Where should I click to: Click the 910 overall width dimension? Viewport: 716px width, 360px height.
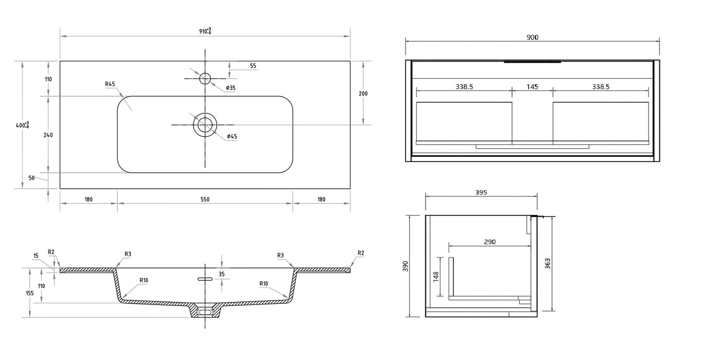(x=205, y=31)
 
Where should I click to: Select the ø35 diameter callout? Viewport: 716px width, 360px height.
(x=231, y=88)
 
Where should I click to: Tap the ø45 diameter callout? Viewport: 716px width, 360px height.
(x=232, y=136)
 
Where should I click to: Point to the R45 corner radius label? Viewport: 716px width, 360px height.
(x=109, y=84)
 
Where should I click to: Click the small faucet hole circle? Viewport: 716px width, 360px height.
(x=205, y=78)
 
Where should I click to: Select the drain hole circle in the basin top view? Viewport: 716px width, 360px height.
(x=205, y=125)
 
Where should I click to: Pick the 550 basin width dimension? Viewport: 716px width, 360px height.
(x=205, y=199)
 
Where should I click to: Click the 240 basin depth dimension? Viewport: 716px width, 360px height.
(x=48, y=135)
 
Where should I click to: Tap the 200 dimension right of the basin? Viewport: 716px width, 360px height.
(x=363, y=94)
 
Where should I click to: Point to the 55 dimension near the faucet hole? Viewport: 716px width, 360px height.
(x=253, y=66)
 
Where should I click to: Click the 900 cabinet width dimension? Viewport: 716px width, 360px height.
(x=533, y=37)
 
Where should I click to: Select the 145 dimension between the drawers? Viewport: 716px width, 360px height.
(x=533, y=87)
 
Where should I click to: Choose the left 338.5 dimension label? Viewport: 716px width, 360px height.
(x=464, y=87)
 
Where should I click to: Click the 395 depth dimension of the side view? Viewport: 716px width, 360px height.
(x=481, y=192)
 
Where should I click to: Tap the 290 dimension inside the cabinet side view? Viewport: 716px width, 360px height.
(x=490, y=241)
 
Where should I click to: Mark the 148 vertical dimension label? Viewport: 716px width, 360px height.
(x=436, y=277)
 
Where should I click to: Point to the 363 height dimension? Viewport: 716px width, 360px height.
(x=547, y=263)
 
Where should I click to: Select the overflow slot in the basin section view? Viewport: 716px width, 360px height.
(x=205, y=279)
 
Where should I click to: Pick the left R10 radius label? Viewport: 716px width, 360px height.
(x=144, y=280)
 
